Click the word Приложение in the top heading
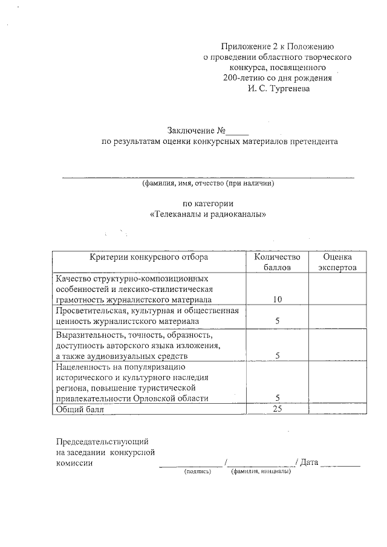(242, 46)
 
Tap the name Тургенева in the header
(290, 89)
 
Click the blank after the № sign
(238, 132)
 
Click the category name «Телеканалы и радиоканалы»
(208, 215)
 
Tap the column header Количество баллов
(277, 262)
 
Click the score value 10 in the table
(277, 299)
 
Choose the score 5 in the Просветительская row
(277, 321)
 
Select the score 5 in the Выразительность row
(277, 355)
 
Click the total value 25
(277, 409)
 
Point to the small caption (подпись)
(197, 471)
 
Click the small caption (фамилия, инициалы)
(261, 471)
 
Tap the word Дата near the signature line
(308, 462)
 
